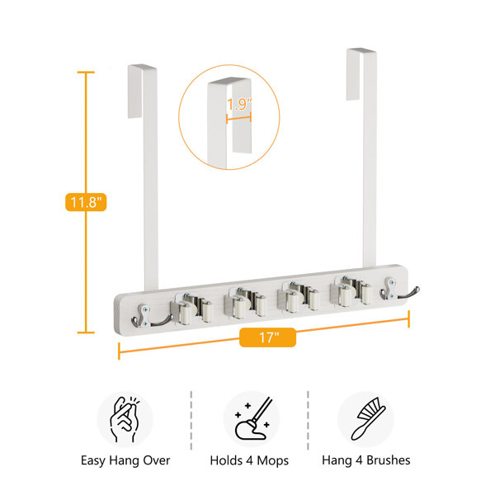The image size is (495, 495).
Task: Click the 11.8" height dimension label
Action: click(x=86, y=202)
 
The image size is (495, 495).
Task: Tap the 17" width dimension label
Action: click(x=267, y=337)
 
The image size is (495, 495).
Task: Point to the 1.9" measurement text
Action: click(x=239, y=104)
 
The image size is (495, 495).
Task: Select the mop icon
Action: click(x=253, y=418)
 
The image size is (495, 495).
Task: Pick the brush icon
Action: click(x=368, y=418)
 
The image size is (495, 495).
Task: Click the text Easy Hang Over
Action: click(x=125, y=460)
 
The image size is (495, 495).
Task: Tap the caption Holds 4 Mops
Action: click(x=249, y=460)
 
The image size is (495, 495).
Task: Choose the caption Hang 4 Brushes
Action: click(x=366, y=460)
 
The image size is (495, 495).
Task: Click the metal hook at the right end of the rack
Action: click(x=398, y=290)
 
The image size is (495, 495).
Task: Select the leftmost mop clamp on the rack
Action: click(x=191, y=309)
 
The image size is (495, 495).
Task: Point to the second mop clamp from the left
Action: click(x=245, y=303)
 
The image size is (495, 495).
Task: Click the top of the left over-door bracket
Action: click(x=142, y=67)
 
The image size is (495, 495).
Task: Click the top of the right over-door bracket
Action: click(x=361, y=50)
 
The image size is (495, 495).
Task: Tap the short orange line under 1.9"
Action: click(x=238, y=118)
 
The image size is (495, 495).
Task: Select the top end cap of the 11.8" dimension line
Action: click(x=86, y=73)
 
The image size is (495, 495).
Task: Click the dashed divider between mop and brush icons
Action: click(x=308, y=420)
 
